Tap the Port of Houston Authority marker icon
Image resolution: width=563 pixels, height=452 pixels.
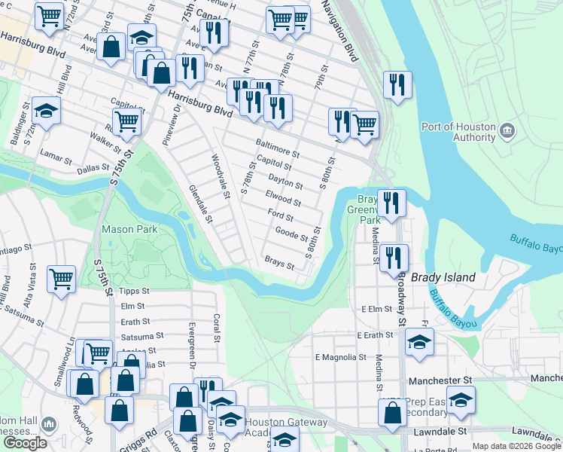point(507,131)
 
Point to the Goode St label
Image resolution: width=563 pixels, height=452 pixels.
point(293,234)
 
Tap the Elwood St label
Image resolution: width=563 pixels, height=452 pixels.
point(283,199)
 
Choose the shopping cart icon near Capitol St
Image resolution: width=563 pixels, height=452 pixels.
point(127,120)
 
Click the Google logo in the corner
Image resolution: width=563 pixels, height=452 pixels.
point(25,443)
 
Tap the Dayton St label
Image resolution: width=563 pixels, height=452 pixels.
point(286,182)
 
